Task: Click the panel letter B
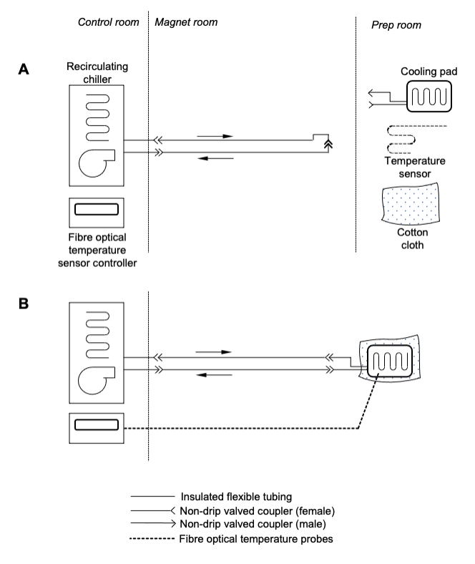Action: [x=25, y=303]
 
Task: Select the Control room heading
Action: [x=107, y=23]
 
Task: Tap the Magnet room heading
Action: [x=186, y=23]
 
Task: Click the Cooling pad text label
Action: [x=429, y=71]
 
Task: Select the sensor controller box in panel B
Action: [x=97, y=424]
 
